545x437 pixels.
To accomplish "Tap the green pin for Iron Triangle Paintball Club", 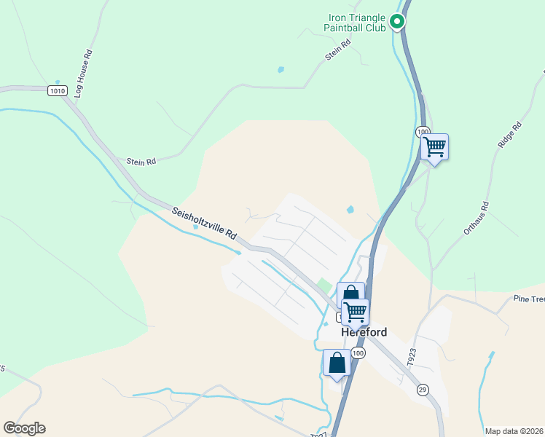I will click(x=397, y=22).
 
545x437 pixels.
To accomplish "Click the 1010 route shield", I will click(x=58, y=90).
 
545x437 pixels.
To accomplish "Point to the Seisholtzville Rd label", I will click(x=205, y=224).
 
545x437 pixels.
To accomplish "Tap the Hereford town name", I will click(x=364, y=332).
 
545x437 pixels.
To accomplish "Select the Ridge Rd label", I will click(x=510, y=135).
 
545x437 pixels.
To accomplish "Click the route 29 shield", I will click(x=423, y=390).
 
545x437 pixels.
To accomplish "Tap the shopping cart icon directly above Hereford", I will click(x=355, y=311).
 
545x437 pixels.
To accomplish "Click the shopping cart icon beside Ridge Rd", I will click(x=434, y=147).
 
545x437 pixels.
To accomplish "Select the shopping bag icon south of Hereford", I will click(x=337, y=362).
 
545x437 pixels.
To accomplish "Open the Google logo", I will click(x=24, y=428).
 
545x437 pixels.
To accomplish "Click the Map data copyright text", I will click(x=514, y=431).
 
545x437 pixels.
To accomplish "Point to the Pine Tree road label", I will click(x=528, y=299).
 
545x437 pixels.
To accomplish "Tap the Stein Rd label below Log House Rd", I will click(x=141, y=162).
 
